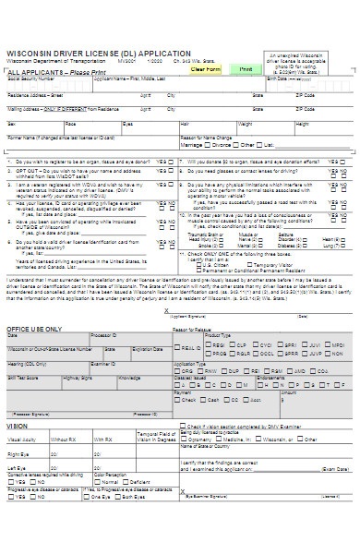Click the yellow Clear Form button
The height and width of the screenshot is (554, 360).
205,69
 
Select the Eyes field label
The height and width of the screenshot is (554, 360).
127,122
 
